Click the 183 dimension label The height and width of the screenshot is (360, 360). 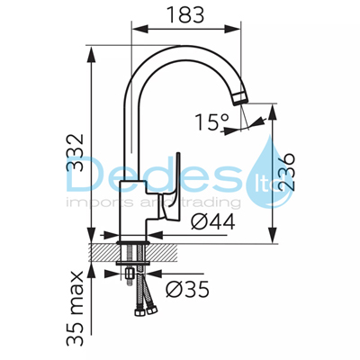point(185,14)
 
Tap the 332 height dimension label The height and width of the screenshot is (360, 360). point(75,153)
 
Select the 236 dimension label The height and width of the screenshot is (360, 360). point(286,172)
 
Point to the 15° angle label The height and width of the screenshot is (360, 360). point(211,122)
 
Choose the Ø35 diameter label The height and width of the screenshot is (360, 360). point(187,289)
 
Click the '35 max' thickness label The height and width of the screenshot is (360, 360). point(75,308)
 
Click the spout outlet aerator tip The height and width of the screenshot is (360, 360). point(240,98)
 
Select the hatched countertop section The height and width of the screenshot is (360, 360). point(132,252)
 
